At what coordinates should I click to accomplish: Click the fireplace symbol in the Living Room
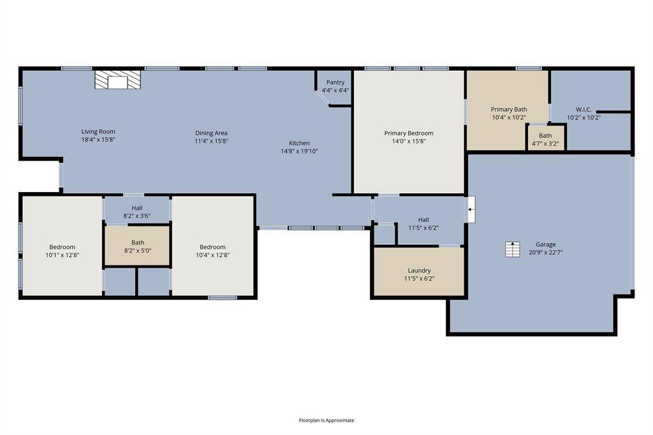[117, 80]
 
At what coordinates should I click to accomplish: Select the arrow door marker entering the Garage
[470, 209]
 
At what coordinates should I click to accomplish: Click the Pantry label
[335, 82]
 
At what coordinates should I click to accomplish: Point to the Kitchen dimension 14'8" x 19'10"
[300, 151]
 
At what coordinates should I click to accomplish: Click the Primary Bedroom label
[408, 133]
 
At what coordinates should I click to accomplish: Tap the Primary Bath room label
[508, 109]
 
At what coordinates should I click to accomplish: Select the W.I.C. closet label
[584, 109]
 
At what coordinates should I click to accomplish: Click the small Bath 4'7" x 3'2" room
[545, 139]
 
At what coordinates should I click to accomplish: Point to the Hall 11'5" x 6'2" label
[423, 220]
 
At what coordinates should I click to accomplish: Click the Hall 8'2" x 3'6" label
[137, 208]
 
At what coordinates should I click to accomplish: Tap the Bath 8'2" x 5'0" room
[137, 246]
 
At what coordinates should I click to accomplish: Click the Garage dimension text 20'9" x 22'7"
[545, 253]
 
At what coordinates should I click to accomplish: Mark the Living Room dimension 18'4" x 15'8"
[98, 140]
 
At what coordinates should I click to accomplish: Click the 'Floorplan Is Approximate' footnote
[326, 420]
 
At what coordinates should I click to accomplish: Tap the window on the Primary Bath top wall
[529, 68]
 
